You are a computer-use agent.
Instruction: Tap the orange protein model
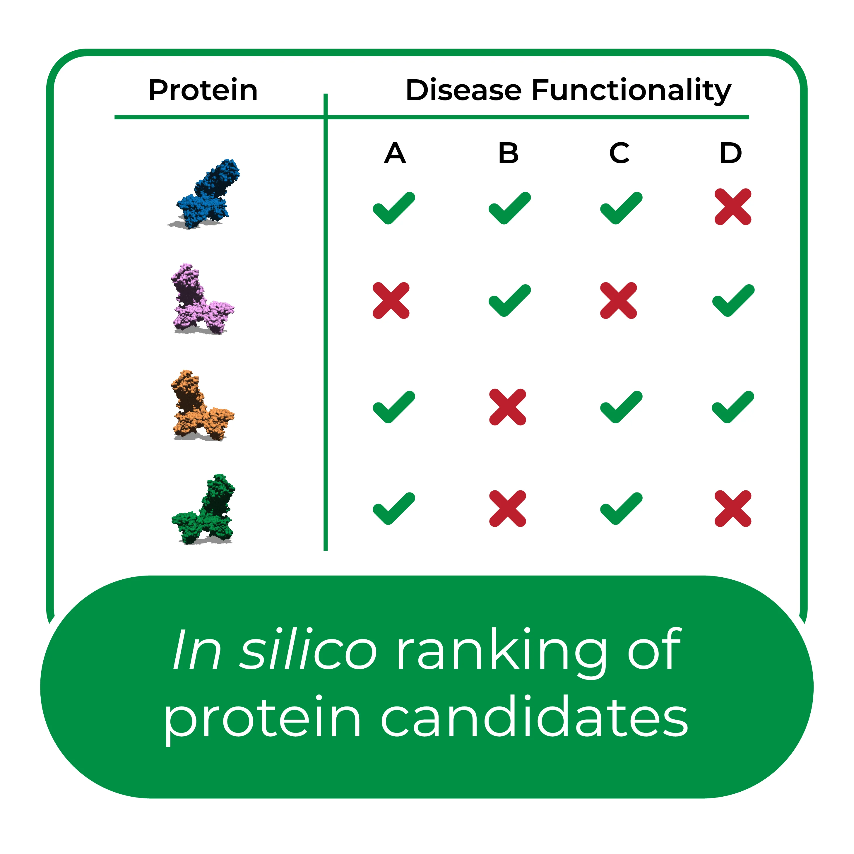(x=201, y=405)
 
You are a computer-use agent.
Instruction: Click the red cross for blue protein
(x=733, y=207)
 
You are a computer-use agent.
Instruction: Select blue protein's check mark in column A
(x=394, y=208)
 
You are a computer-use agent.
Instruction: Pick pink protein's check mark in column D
(x=733, y=301)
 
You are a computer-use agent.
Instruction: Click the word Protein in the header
(x=203, y=90)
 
